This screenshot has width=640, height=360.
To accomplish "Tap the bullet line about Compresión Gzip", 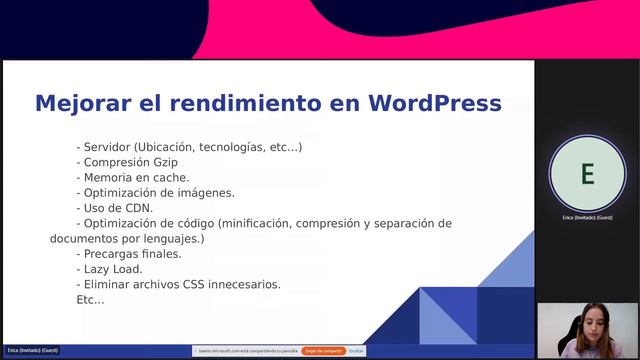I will (x=130, y=162).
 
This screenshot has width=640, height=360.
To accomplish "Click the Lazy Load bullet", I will (x=112, y=269).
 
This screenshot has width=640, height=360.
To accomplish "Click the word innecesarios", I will (x=245, y=284).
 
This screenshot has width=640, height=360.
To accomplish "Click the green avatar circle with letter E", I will (x=587, y=174).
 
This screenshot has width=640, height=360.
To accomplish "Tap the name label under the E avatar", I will (x=587, y=217).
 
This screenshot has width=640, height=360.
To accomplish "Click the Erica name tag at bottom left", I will (x=32, y=350).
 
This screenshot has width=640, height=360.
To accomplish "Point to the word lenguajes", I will (x=170, y=239).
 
